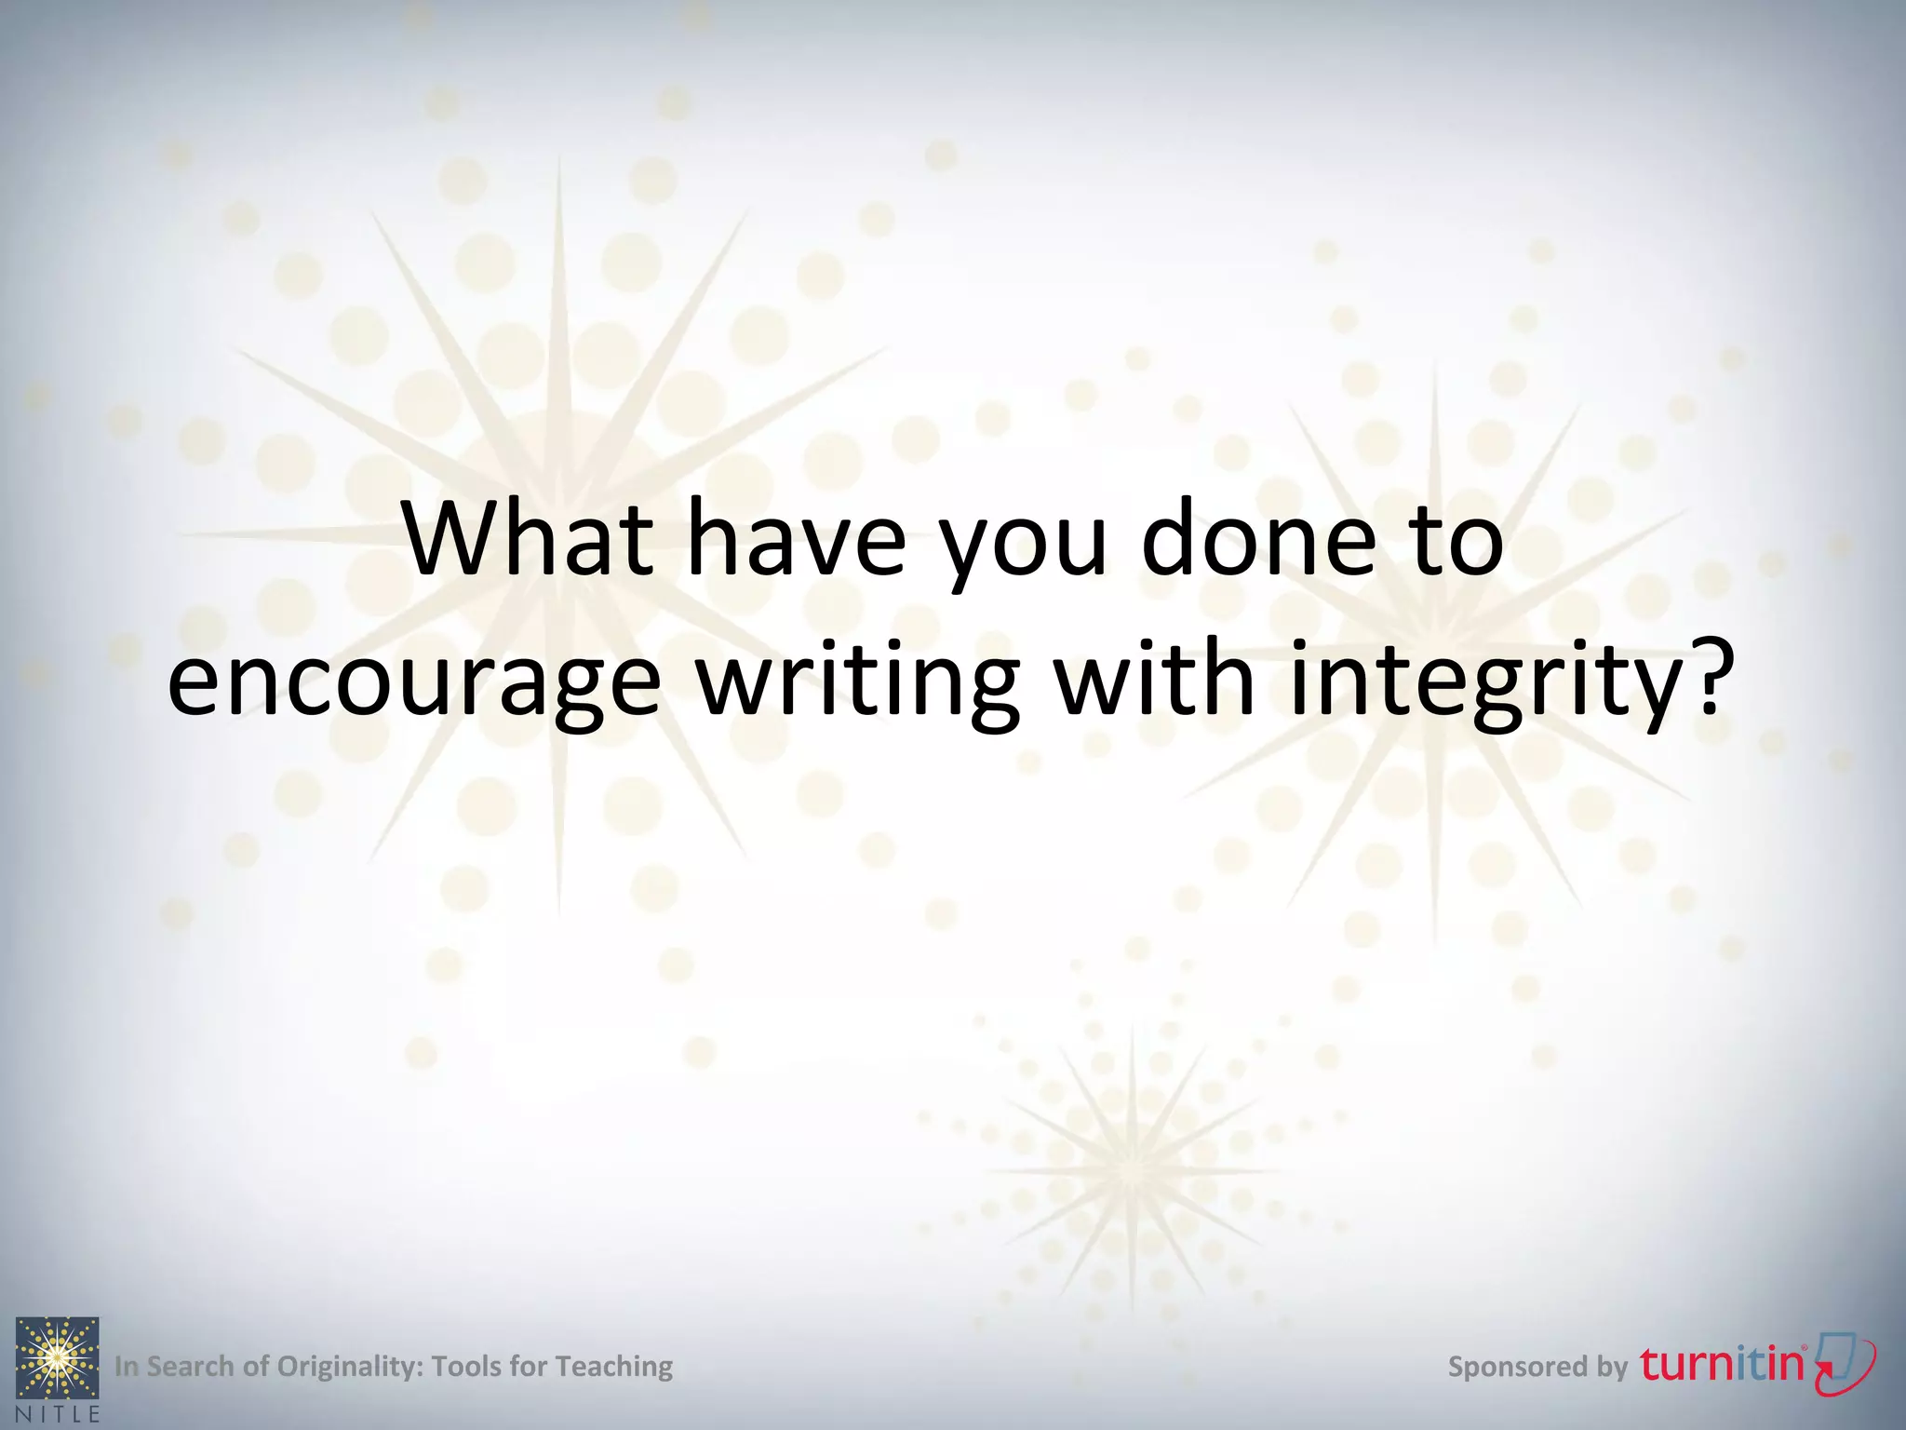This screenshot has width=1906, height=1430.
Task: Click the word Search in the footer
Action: [190, 1366]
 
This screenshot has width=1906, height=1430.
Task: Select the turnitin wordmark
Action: [1722, 1364]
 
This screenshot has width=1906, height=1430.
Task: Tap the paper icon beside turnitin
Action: [1846, 1362]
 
